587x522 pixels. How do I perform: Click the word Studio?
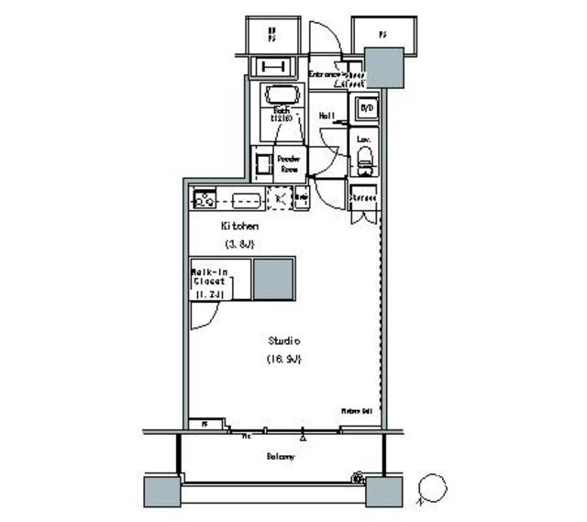tap(284, 339)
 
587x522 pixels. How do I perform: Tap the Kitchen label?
tap(239, 226)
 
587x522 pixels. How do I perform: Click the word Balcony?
tap(281, 456)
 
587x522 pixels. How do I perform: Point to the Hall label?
tap(326, 117)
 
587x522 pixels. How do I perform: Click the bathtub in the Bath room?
tap(282, 96)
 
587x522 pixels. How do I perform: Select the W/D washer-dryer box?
tap(367, 107)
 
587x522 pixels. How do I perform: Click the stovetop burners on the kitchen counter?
tap(204, 198)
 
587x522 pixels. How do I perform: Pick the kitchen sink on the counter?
tap(247, 199)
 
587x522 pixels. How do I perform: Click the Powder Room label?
tap(290, 164)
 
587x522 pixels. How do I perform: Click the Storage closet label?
tap(364, 197)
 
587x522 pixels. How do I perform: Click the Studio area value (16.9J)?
tap(284, 358)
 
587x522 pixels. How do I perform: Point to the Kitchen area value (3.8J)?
tap(239, 244)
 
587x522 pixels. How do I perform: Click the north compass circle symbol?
tap(431, 488)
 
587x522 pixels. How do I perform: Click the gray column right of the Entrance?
tap(382, 67)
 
